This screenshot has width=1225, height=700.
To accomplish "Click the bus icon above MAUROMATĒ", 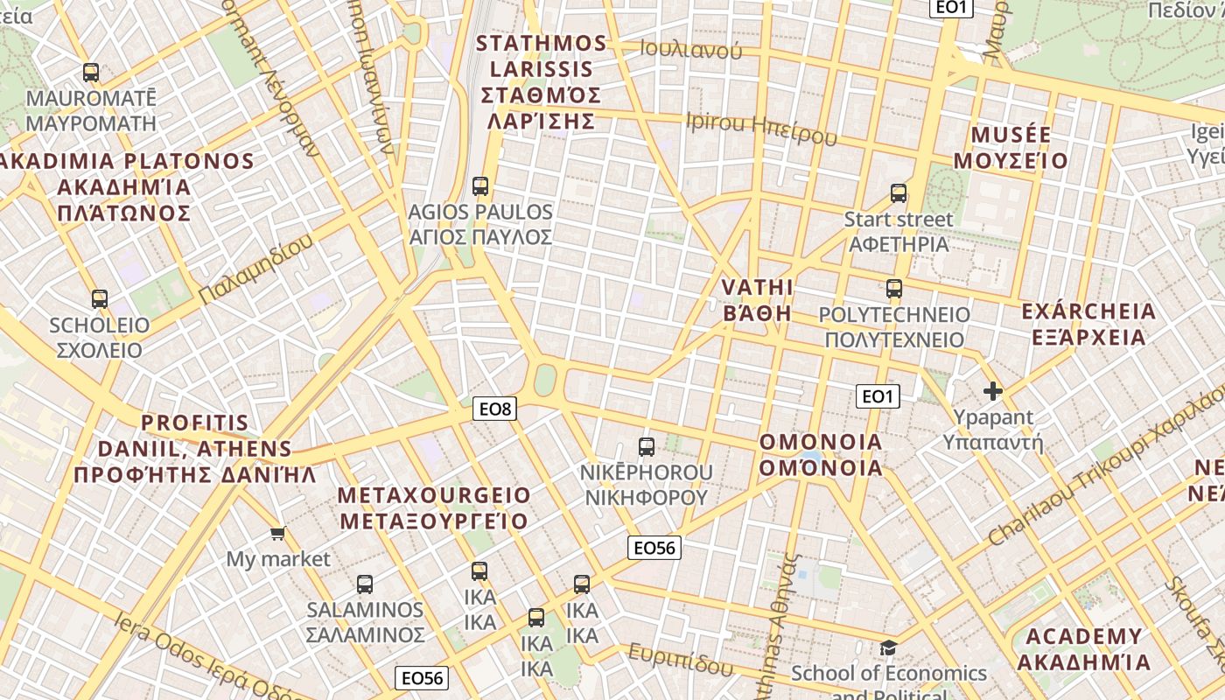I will tap(90, 73).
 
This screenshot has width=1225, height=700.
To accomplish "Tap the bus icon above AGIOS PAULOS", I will tap(479, 185).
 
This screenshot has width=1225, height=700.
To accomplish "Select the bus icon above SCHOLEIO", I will tap(99, 299).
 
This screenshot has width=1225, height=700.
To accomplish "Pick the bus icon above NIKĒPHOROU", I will tap(647, 447).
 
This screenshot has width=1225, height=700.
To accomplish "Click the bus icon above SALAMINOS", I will tap(365, 584).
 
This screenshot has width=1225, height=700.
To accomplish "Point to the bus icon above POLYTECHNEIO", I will tap(893, 289).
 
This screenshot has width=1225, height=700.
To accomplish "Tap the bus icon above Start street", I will tap(899, 193).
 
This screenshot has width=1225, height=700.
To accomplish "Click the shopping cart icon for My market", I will tap(277, 533).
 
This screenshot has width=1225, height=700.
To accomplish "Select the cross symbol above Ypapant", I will tap(992, 391).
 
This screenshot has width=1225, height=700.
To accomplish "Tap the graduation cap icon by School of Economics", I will tap(888, 647).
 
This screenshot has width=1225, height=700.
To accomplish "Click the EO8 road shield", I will tap(494, 408).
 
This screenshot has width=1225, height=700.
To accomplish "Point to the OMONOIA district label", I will tap(821, 455).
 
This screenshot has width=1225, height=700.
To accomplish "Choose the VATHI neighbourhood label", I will tap(758, 300).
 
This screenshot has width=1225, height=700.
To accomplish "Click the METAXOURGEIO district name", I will tap(434, 508).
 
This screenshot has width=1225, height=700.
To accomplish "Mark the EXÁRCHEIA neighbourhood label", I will tap(1088, 325).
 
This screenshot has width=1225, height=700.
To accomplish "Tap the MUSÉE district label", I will tap(1011, 148).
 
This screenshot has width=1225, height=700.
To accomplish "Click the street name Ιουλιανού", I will tap(690, 50).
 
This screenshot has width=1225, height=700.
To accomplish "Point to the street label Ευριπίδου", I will tap(680, 659).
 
